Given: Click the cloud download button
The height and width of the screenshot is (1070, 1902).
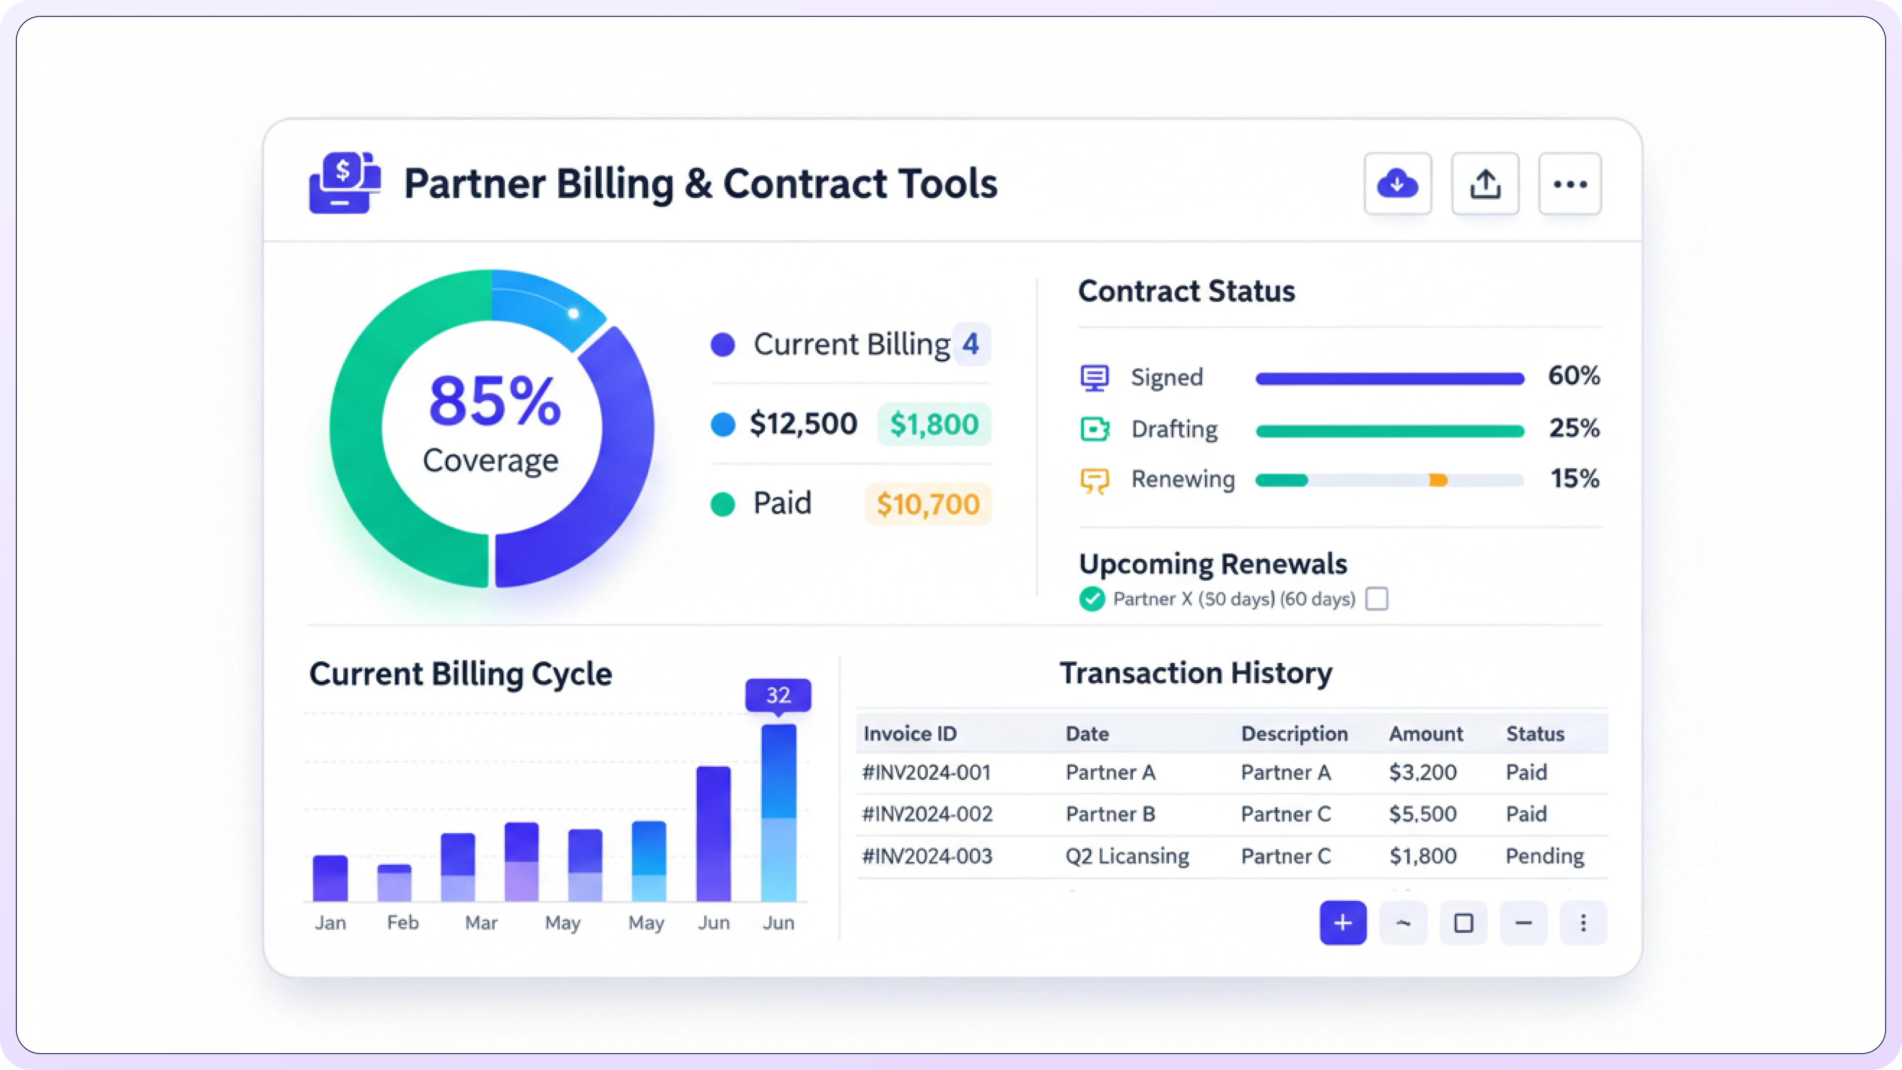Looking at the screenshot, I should coord(1397,184).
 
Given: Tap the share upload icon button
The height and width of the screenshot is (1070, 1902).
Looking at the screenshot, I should coord(1485,184).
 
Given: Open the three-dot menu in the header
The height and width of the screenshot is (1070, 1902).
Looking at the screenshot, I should coord(1570,184).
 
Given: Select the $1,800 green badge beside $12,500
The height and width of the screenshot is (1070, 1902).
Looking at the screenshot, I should coord(934,424).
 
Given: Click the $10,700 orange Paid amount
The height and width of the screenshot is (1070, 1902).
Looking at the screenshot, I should coord(927,504).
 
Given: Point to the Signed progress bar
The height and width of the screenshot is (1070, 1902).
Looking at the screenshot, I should coord(1389,379).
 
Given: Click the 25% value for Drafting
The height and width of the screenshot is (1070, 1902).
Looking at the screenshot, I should coord(1574,428).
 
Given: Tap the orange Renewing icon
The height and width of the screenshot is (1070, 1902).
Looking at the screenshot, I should coord(1094,481).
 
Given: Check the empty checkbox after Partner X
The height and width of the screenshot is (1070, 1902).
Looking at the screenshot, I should coord(1376,599).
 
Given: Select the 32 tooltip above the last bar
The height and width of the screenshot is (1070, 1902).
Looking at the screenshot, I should coord(778,695).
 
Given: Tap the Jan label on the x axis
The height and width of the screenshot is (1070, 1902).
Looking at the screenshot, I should coord(330,923).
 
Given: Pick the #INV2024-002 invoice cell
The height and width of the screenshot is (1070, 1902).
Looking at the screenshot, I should coord(927,814).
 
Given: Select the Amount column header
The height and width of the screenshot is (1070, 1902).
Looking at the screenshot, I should coord(1425,734).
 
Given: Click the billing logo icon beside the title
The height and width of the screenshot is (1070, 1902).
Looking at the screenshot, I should coord(344,183).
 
